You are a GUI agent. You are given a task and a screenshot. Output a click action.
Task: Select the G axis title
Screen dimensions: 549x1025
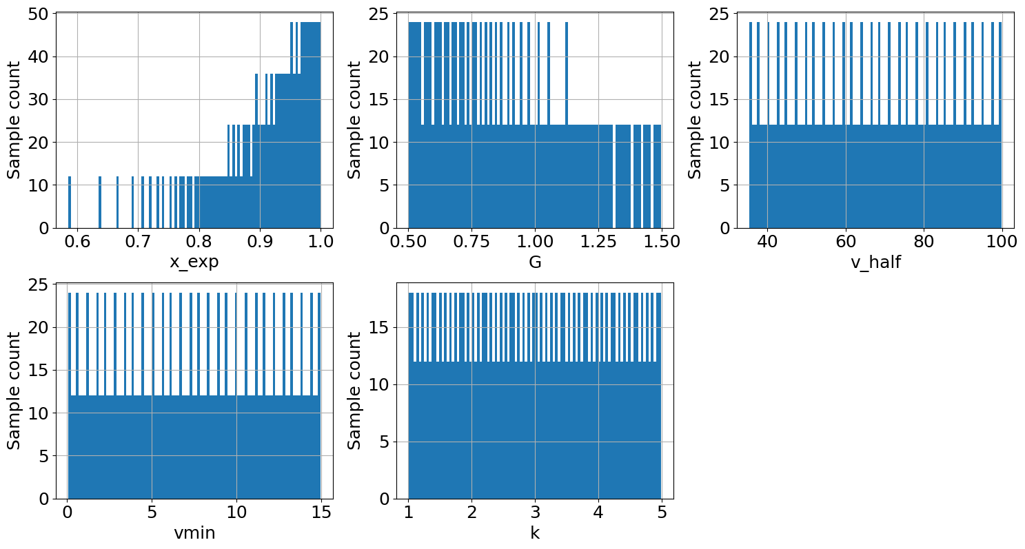pyautogui.click(x=534, y=262)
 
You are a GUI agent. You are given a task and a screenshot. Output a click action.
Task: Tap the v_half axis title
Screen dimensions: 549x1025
pyautogui.click(x=875, y=262)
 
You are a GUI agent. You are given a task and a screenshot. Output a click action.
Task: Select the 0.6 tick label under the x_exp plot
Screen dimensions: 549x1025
pyautogui.click(x=77, y=242)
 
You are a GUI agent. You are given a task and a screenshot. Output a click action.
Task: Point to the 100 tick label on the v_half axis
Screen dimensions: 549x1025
pyautogui.click(x=1002, y=242)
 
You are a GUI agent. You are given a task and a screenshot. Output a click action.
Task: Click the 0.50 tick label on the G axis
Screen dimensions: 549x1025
pyautogui.click(x=409, y=242)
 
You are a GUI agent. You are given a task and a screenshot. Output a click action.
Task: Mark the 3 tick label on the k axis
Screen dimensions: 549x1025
pyautogui.click(x=535, y=513)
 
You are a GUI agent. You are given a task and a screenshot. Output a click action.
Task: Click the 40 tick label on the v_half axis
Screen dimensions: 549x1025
pyautogui.click(x=767, y=242)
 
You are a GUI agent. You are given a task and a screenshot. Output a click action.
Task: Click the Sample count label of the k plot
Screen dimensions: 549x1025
pyautogui.click(x=354, y=391)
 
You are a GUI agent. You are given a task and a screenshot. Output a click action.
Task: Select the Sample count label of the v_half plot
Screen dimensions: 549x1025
pyautogui.click(x=695, y=120)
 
